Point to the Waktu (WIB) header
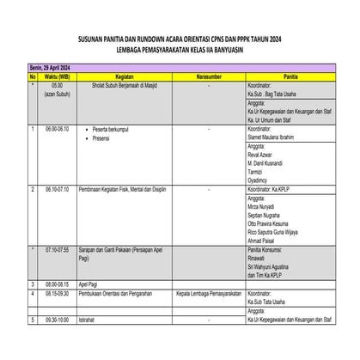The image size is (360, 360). click(x=57, y=76)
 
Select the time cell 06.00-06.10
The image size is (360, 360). click(x=58, y=127)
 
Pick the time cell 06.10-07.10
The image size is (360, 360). click(x=58, y=188)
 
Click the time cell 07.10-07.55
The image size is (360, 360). click(x=58, y=248)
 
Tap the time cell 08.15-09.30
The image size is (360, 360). click(x=58, y=293)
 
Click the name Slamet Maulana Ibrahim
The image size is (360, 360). click(x=277, y=135)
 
